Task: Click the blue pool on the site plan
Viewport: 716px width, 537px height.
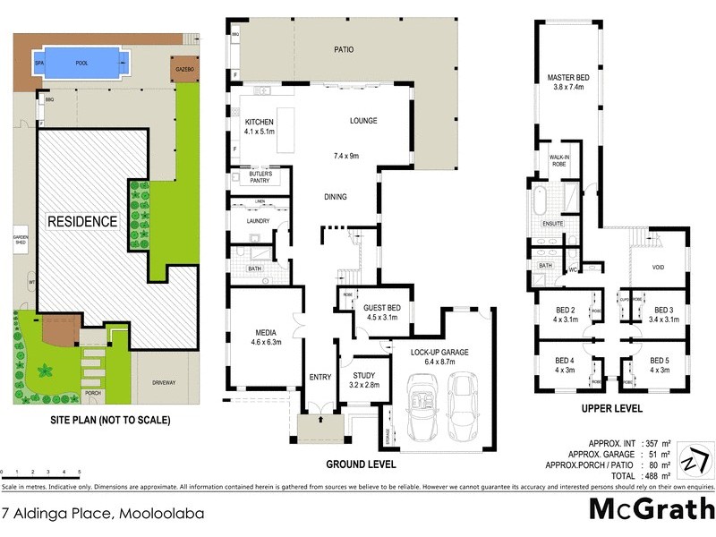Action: pos(81,64)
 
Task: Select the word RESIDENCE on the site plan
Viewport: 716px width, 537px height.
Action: pos(82,221)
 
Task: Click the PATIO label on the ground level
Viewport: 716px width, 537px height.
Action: pos(343,50)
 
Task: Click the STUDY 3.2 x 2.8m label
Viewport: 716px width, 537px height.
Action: pos(364,380)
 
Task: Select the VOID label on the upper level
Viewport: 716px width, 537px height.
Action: pos(658,267)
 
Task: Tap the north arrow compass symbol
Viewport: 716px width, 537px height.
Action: pos(694,460)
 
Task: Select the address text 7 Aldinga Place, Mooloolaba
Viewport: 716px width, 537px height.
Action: pos(103,514)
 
